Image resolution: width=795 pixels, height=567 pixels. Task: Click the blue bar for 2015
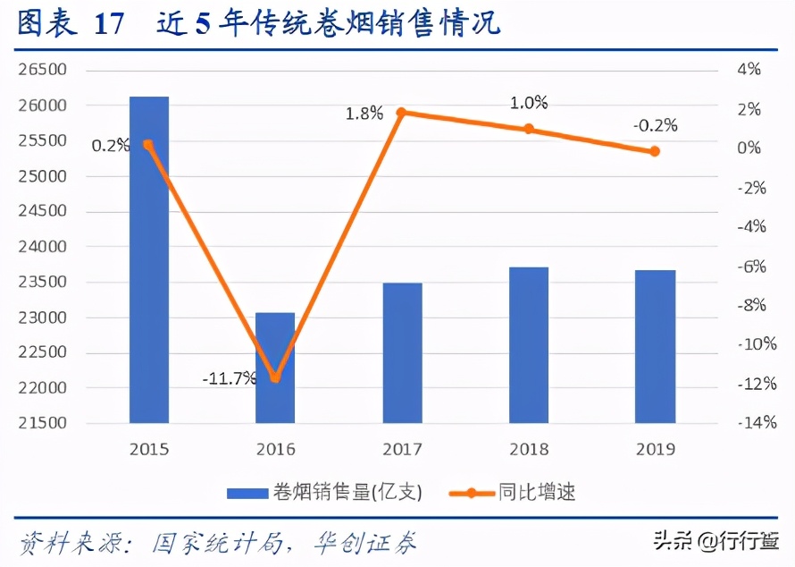click(149, 259)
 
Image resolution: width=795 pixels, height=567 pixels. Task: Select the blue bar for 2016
click(275, 368)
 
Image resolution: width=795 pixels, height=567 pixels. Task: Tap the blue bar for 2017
click(402, 352)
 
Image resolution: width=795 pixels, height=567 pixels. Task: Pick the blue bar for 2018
click(529, 344)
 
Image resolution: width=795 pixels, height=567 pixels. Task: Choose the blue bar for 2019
click(656, 346)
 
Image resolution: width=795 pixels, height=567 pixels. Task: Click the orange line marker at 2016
click(275, 377)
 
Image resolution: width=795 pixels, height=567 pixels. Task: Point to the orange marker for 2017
click(401, 113)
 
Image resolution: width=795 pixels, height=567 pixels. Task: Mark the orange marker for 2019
click(655, 151)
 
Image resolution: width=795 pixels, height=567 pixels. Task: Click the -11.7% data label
click(229, 378)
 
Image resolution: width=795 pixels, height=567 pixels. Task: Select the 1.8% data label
click(364, 114)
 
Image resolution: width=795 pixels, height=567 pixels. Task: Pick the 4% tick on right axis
click(748, 70)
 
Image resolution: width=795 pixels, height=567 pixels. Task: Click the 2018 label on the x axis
click(529, 449)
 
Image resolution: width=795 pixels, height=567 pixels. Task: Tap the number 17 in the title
click(108, 24)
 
